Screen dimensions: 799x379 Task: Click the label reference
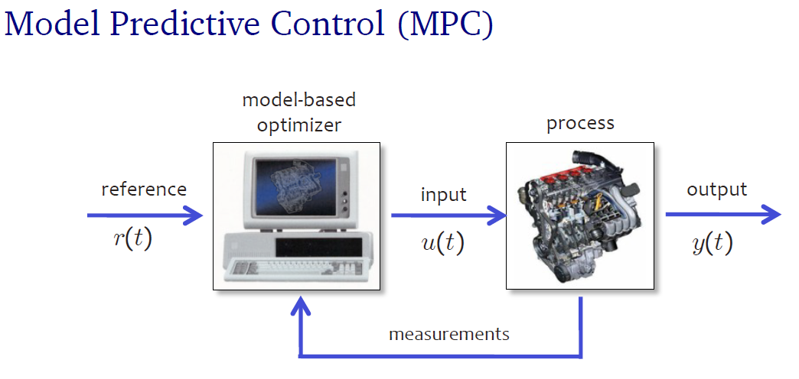[144, 189]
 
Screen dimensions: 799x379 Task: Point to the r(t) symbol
[132, 240]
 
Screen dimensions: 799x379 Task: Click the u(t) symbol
[443, 244]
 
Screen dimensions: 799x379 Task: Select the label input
[444, 194]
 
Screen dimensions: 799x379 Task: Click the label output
[716, 189]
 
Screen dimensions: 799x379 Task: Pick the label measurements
[449, 334]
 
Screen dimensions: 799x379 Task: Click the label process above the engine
[580, 124]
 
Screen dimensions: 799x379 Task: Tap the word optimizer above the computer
[298, 125]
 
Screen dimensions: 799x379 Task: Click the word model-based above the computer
[298, 99]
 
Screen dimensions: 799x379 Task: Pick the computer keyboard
[298, 270]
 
